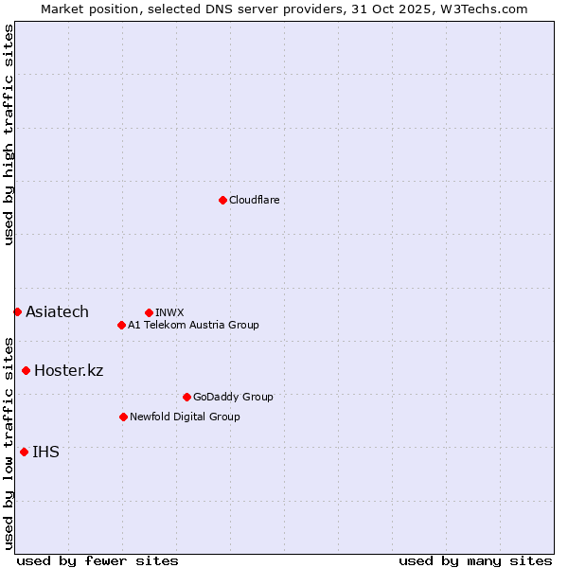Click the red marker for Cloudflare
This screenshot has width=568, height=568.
coord(222,200)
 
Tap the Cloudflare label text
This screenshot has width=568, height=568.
coord(254,200)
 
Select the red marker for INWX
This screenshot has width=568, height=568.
coord(149,312)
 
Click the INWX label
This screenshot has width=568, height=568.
coord(169,312)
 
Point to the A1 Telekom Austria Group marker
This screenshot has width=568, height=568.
coord(121,325)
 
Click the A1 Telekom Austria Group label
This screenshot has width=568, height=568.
coord(193,325)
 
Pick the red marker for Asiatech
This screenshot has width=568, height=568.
coord(17,311)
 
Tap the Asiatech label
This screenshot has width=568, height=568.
coord(57,311)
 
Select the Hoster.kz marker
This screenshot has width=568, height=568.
coord(26,370)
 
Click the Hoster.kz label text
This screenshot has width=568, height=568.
coord(68,370)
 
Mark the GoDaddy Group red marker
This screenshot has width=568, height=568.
coord(186,397)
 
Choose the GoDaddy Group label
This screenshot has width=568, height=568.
coord(233,397)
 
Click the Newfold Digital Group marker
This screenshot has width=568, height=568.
coord(123,417)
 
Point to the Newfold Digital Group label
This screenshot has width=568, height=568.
coord(185,417)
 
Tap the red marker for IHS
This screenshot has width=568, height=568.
coord(24,452)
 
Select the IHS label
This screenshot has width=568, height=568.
coord(45,452)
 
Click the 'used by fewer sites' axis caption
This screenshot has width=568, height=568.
coord(98,560)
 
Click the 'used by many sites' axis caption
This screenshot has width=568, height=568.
coord(475,560)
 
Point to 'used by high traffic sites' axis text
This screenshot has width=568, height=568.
coord(9,134)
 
